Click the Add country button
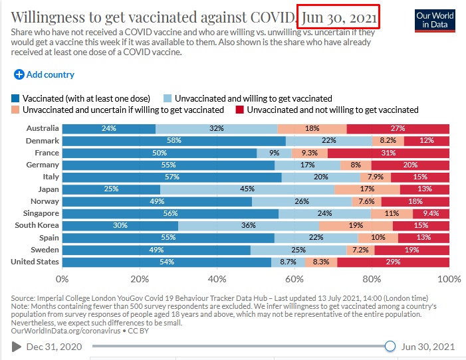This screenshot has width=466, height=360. point(44,75)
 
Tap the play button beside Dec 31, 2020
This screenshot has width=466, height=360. point(17,346)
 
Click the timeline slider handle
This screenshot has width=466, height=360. point(390,346)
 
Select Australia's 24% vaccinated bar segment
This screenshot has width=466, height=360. point(108,128)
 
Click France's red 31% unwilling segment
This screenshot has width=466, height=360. point(389,153)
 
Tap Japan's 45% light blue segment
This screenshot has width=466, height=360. point(247,189)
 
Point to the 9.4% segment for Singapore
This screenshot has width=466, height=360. point(431,214)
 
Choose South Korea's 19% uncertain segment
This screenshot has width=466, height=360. point(356,226)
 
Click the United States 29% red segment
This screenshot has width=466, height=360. point(393,262)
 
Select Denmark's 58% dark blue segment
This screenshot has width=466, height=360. point(174,141)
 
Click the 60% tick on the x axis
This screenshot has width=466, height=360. point(294,279)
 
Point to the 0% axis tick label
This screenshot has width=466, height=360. point(62,279)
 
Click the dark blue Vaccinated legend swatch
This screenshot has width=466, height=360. point(16,98)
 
